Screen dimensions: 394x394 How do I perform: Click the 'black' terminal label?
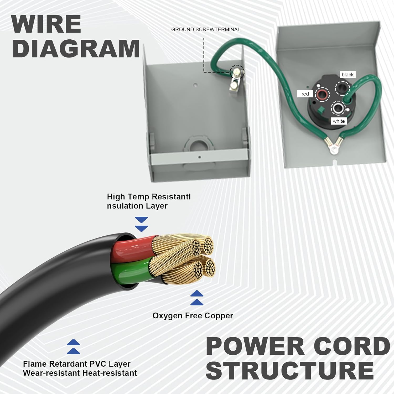pos(347,75)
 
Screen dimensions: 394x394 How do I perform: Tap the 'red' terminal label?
pos(305,94)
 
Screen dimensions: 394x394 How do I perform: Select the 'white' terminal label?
pos(338,121)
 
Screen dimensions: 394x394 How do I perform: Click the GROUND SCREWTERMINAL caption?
pos(206,29)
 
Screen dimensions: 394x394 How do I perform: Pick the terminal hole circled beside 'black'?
pos(343,87)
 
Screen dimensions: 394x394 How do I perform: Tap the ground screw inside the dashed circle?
pos(237,72)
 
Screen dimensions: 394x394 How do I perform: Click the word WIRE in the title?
pos(46,24)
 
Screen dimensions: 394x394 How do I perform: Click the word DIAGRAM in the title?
pos(76,49)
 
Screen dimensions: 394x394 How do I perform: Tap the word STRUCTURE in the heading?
pos(290,370)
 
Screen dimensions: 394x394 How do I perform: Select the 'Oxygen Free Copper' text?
pos(193,315)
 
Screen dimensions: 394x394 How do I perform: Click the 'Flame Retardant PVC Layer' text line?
pos(76,364)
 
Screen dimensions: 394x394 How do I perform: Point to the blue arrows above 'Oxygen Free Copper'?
pos(197,298)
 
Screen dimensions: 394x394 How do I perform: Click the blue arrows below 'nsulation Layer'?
pos(141,224)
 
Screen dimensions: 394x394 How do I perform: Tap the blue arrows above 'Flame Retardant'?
pos(73,346)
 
